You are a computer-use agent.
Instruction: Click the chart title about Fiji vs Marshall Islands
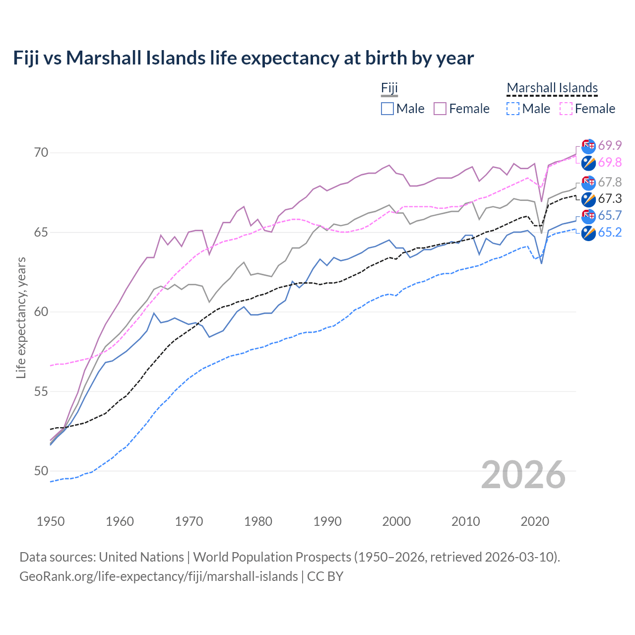click(x=243, y=58)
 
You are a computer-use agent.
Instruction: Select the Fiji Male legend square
click(x=387, y=109)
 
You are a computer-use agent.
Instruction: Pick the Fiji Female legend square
click(x=440, y=109)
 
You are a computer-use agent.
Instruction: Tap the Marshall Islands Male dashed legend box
click(x=513, y=109)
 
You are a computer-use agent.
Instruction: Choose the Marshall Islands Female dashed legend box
click(x=566, y=109)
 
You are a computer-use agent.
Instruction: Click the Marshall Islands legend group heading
click(x=552, y=88)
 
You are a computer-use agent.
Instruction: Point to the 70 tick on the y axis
click(x=41, y=152)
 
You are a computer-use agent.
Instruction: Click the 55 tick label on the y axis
click(x=41, y=391)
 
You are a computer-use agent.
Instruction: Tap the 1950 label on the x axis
click(x=51, y=521)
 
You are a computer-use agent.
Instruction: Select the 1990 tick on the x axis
click(x=327, y=521)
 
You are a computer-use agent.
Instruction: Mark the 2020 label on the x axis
click(x=535, y=521)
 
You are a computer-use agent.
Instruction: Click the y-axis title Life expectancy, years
click(x=21, y=317)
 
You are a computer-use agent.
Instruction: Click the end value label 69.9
click(x=610, y=145)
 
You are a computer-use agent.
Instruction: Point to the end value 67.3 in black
click(x=610, y=199)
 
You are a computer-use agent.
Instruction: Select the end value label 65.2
click(x=610, y=233)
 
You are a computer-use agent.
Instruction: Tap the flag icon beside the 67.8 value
click(x=588, y=183)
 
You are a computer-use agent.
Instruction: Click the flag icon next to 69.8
click(x=588, y=163)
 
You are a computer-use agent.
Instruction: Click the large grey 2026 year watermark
click(x=523, y=475)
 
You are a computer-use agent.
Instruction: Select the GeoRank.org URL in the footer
click(x=158, y=576)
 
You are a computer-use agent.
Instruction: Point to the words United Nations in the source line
click(x=141, y=557)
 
